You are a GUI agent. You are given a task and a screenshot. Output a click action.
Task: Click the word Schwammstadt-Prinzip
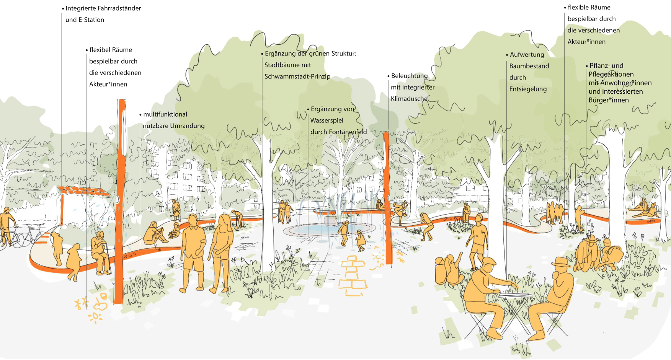point(297,77)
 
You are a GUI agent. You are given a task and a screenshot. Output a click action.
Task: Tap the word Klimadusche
point(409,99)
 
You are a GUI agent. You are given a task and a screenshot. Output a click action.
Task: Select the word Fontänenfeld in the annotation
point(348,132)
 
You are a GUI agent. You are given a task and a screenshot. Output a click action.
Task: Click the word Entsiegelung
point(528,89)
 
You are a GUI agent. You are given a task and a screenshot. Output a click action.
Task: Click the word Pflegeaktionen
point(611,74)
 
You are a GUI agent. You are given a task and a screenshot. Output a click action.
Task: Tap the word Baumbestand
point(529,66)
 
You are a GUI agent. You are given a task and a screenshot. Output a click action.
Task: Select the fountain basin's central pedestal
point(330,220)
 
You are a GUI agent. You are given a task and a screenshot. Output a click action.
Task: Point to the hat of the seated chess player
point(561,262)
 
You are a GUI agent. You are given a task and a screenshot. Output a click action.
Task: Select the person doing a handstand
point(400,212)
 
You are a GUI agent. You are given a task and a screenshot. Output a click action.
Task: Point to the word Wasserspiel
point(327,121)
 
